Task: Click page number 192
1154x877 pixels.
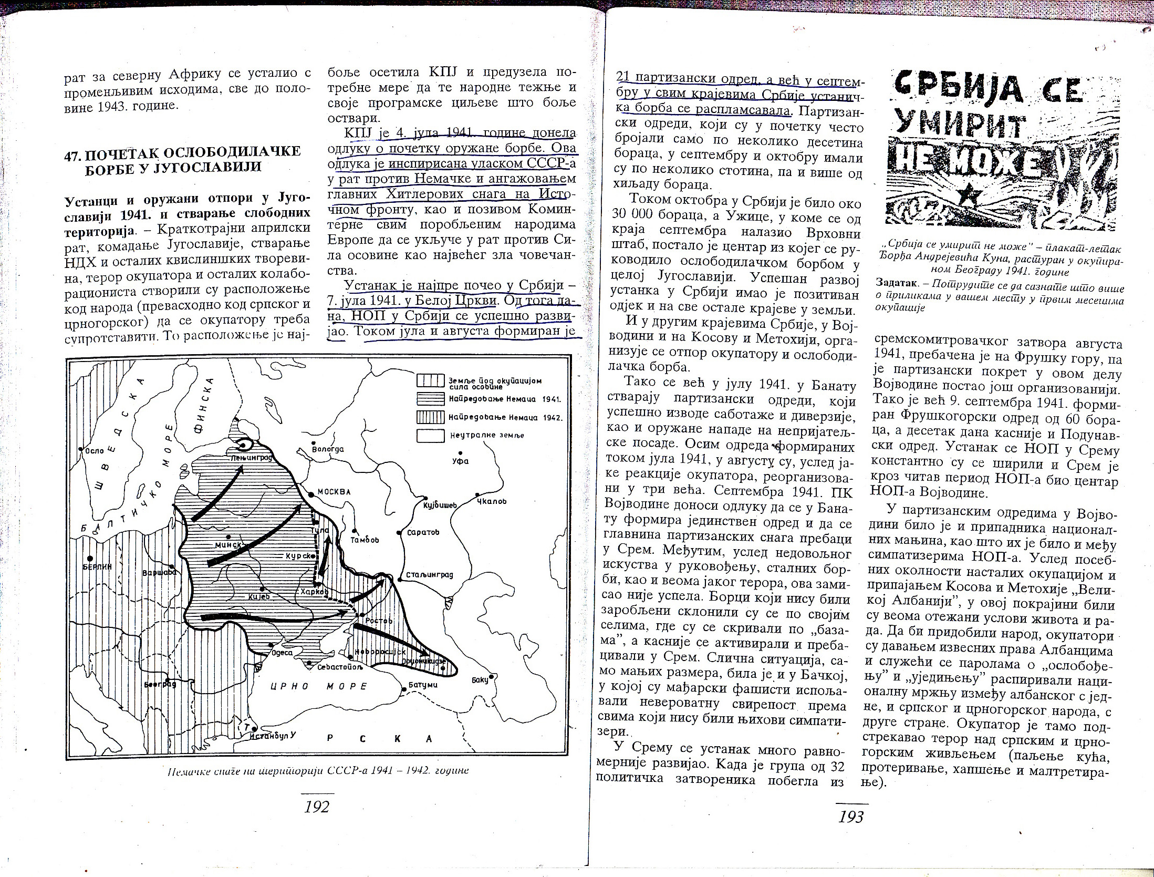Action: [x=317, y=806]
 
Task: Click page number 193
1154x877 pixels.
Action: [x=851, y=816]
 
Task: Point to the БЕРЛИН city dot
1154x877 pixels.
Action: [x=91, y=558]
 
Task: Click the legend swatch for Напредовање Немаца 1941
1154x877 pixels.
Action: [x=430, y=399]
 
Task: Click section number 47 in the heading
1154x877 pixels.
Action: [x=72, y=152]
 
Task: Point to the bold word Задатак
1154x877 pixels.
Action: [x=896, y=282]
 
